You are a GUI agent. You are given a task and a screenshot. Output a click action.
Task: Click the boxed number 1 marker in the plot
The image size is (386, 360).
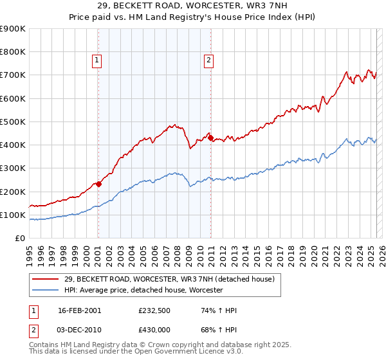point(96,61)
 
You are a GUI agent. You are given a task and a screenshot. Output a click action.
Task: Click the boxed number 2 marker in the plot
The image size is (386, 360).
point(209,61)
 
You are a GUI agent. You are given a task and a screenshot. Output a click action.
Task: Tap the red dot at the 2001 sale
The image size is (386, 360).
point(98,184)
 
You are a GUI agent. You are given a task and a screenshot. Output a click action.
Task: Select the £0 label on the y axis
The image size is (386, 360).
point(19,238)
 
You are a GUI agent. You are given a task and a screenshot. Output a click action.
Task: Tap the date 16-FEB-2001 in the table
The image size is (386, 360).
point(79,310)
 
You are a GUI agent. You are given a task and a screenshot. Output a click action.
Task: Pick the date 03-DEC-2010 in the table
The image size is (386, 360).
point(79,330)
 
